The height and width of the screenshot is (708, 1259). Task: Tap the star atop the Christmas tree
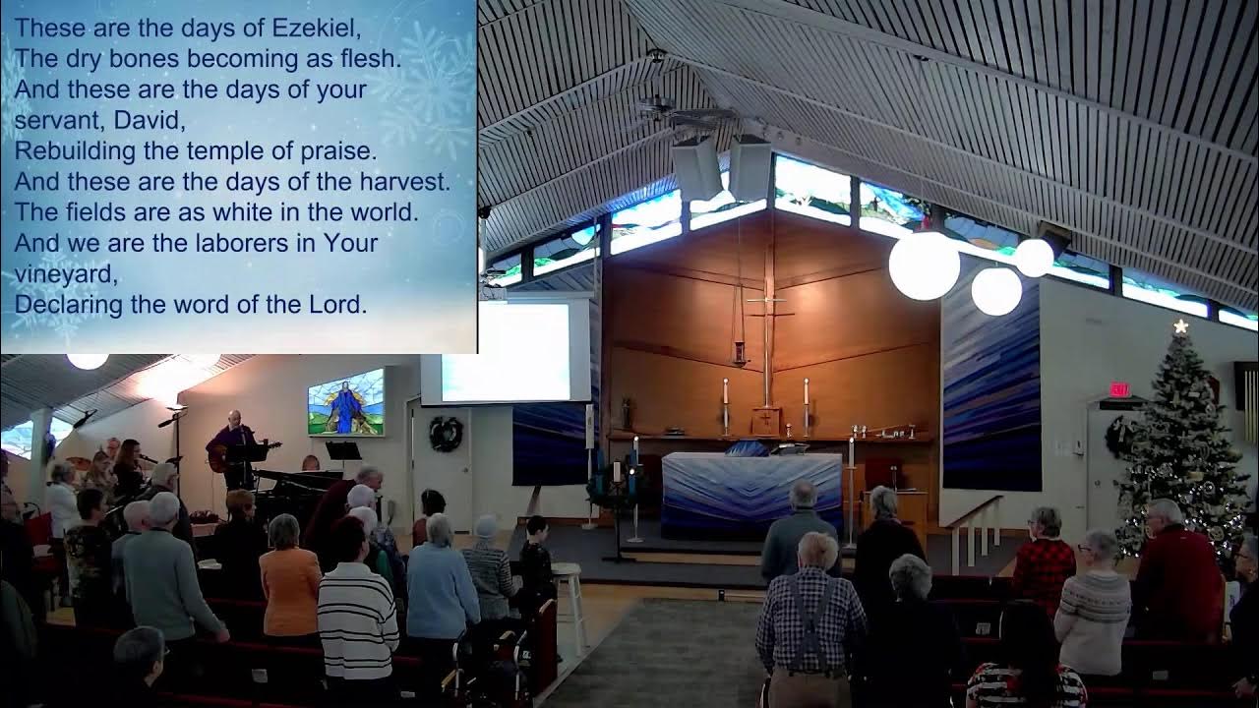point(1180,326)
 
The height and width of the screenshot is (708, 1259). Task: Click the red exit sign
point(1120,389)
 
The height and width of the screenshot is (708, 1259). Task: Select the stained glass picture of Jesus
point(345,401)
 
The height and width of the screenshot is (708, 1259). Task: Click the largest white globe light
point(924,265)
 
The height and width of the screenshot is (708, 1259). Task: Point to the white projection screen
point(506,351)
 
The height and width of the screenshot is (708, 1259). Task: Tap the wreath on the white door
point(446,434)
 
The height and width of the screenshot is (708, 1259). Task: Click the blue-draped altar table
point(749,492)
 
